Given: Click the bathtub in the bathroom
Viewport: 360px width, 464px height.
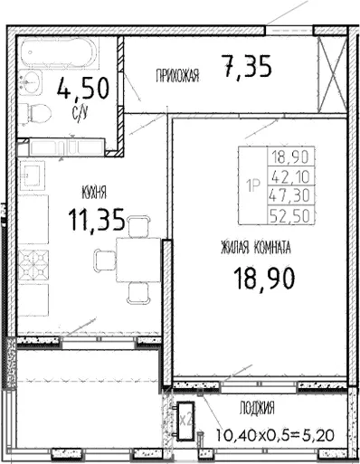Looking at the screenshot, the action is (x=60, y=52).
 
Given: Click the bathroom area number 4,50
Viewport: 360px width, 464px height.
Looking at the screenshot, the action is (x=83, y=89).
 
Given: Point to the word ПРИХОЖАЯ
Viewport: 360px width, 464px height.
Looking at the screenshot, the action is (x=177, y=75).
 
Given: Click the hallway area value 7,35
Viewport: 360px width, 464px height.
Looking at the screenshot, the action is (x=246, y=65).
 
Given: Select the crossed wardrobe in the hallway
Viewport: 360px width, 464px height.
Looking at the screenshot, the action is (x=333, y=74).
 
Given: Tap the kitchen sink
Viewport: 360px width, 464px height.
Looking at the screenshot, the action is (x=33, y=175).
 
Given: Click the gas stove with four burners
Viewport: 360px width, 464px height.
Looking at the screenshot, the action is (x=33, y=265).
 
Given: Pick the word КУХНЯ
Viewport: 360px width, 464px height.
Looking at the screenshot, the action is (x=94, y=193).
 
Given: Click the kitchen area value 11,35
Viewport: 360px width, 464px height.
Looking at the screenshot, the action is (x=97, y=220).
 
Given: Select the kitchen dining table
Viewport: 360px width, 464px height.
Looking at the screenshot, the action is (x=138, y=260).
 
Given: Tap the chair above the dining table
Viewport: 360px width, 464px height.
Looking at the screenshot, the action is (x=139, y=226).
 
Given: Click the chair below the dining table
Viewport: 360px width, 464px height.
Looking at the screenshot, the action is (x=138, y=293).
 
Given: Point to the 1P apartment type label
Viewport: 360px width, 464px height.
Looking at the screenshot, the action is (x=253, y=185).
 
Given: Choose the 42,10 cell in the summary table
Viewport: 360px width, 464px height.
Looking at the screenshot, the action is (x=291, y=175).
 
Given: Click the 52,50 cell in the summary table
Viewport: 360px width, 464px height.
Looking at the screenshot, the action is (x=291, y=215).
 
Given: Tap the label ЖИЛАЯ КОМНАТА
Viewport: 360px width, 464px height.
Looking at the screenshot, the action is (x=256, y=248).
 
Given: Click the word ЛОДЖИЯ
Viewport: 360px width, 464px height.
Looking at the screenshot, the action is (x=257, y=408).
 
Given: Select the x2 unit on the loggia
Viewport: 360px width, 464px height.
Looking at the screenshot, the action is (x=185, y=420).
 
